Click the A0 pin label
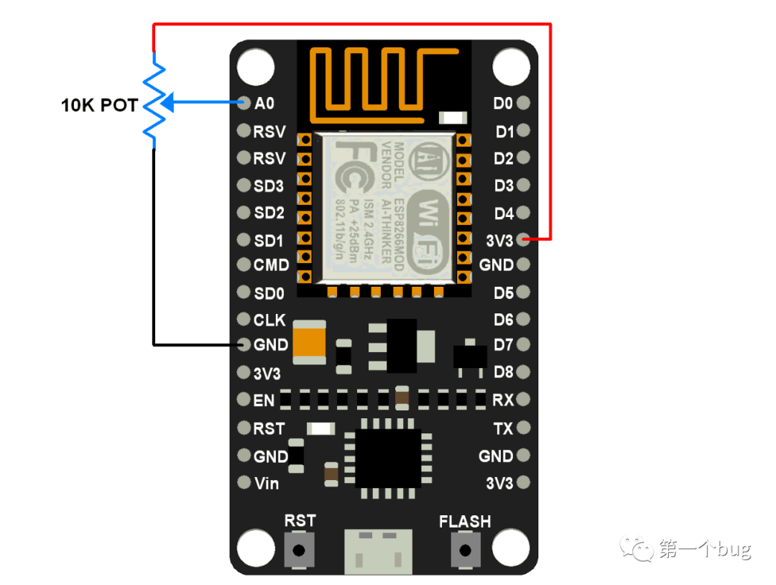point(264,103)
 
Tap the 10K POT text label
point(99,106)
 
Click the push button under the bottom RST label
point(300,551)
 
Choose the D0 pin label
point(503,103)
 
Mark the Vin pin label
point(267,484)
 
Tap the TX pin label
point(503,429)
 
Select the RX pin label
point(503,400)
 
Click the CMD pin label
point(271,265)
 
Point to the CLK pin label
point(269,321)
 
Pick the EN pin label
point(264,400)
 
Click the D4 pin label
point(504,213)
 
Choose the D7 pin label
point(504,346)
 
